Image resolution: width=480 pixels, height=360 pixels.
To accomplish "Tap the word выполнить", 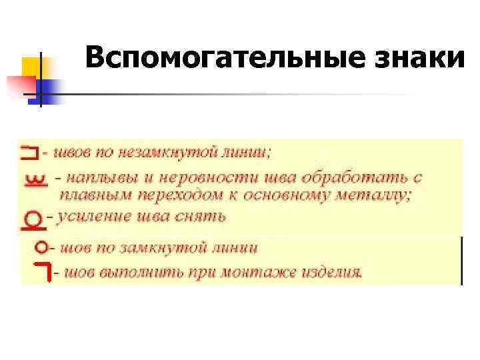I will coord(139,273).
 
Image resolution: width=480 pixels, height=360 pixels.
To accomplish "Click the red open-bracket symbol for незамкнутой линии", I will coord(29,153).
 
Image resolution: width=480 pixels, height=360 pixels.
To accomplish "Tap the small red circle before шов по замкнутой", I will coord(42,247).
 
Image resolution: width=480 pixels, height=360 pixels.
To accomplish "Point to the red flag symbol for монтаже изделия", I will coord(43,271).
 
